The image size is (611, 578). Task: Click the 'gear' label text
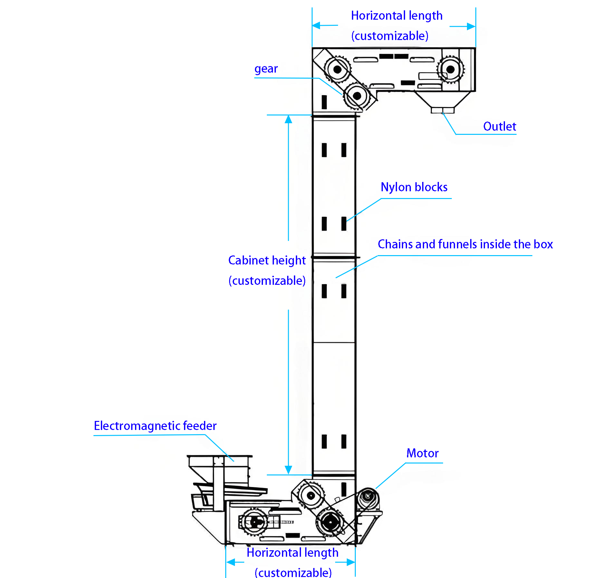pos(266,69)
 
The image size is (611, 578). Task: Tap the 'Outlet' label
pos(499,126)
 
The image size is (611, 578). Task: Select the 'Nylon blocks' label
pos(414,187)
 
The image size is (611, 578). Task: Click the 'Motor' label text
pos(422,453)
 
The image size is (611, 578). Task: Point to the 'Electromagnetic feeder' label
pos(155,426)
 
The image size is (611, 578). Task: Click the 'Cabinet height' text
pos(267,260)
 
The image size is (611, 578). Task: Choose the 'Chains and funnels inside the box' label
pos(465,244)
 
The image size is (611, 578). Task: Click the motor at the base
pos(368,499)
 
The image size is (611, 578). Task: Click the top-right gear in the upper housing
pos(450,69)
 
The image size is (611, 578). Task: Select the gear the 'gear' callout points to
pos(357,96)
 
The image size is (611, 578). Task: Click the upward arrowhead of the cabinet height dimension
pos(288,119)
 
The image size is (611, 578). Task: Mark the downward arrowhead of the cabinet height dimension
pos(288,470)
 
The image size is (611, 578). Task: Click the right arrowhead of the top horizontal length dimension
pos(471,26)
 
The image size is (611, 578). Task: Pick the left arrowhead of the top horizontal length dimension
pos(316,25)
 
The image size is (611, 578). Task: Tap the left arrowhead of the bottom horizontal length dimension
pos(231,562)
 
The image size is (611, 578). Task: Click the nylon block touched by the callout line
pos(344,224)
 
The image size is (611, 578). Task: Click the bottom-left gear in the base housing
pos(254,522)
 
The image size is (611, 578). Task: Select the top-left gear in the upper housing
pos(337,69)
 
